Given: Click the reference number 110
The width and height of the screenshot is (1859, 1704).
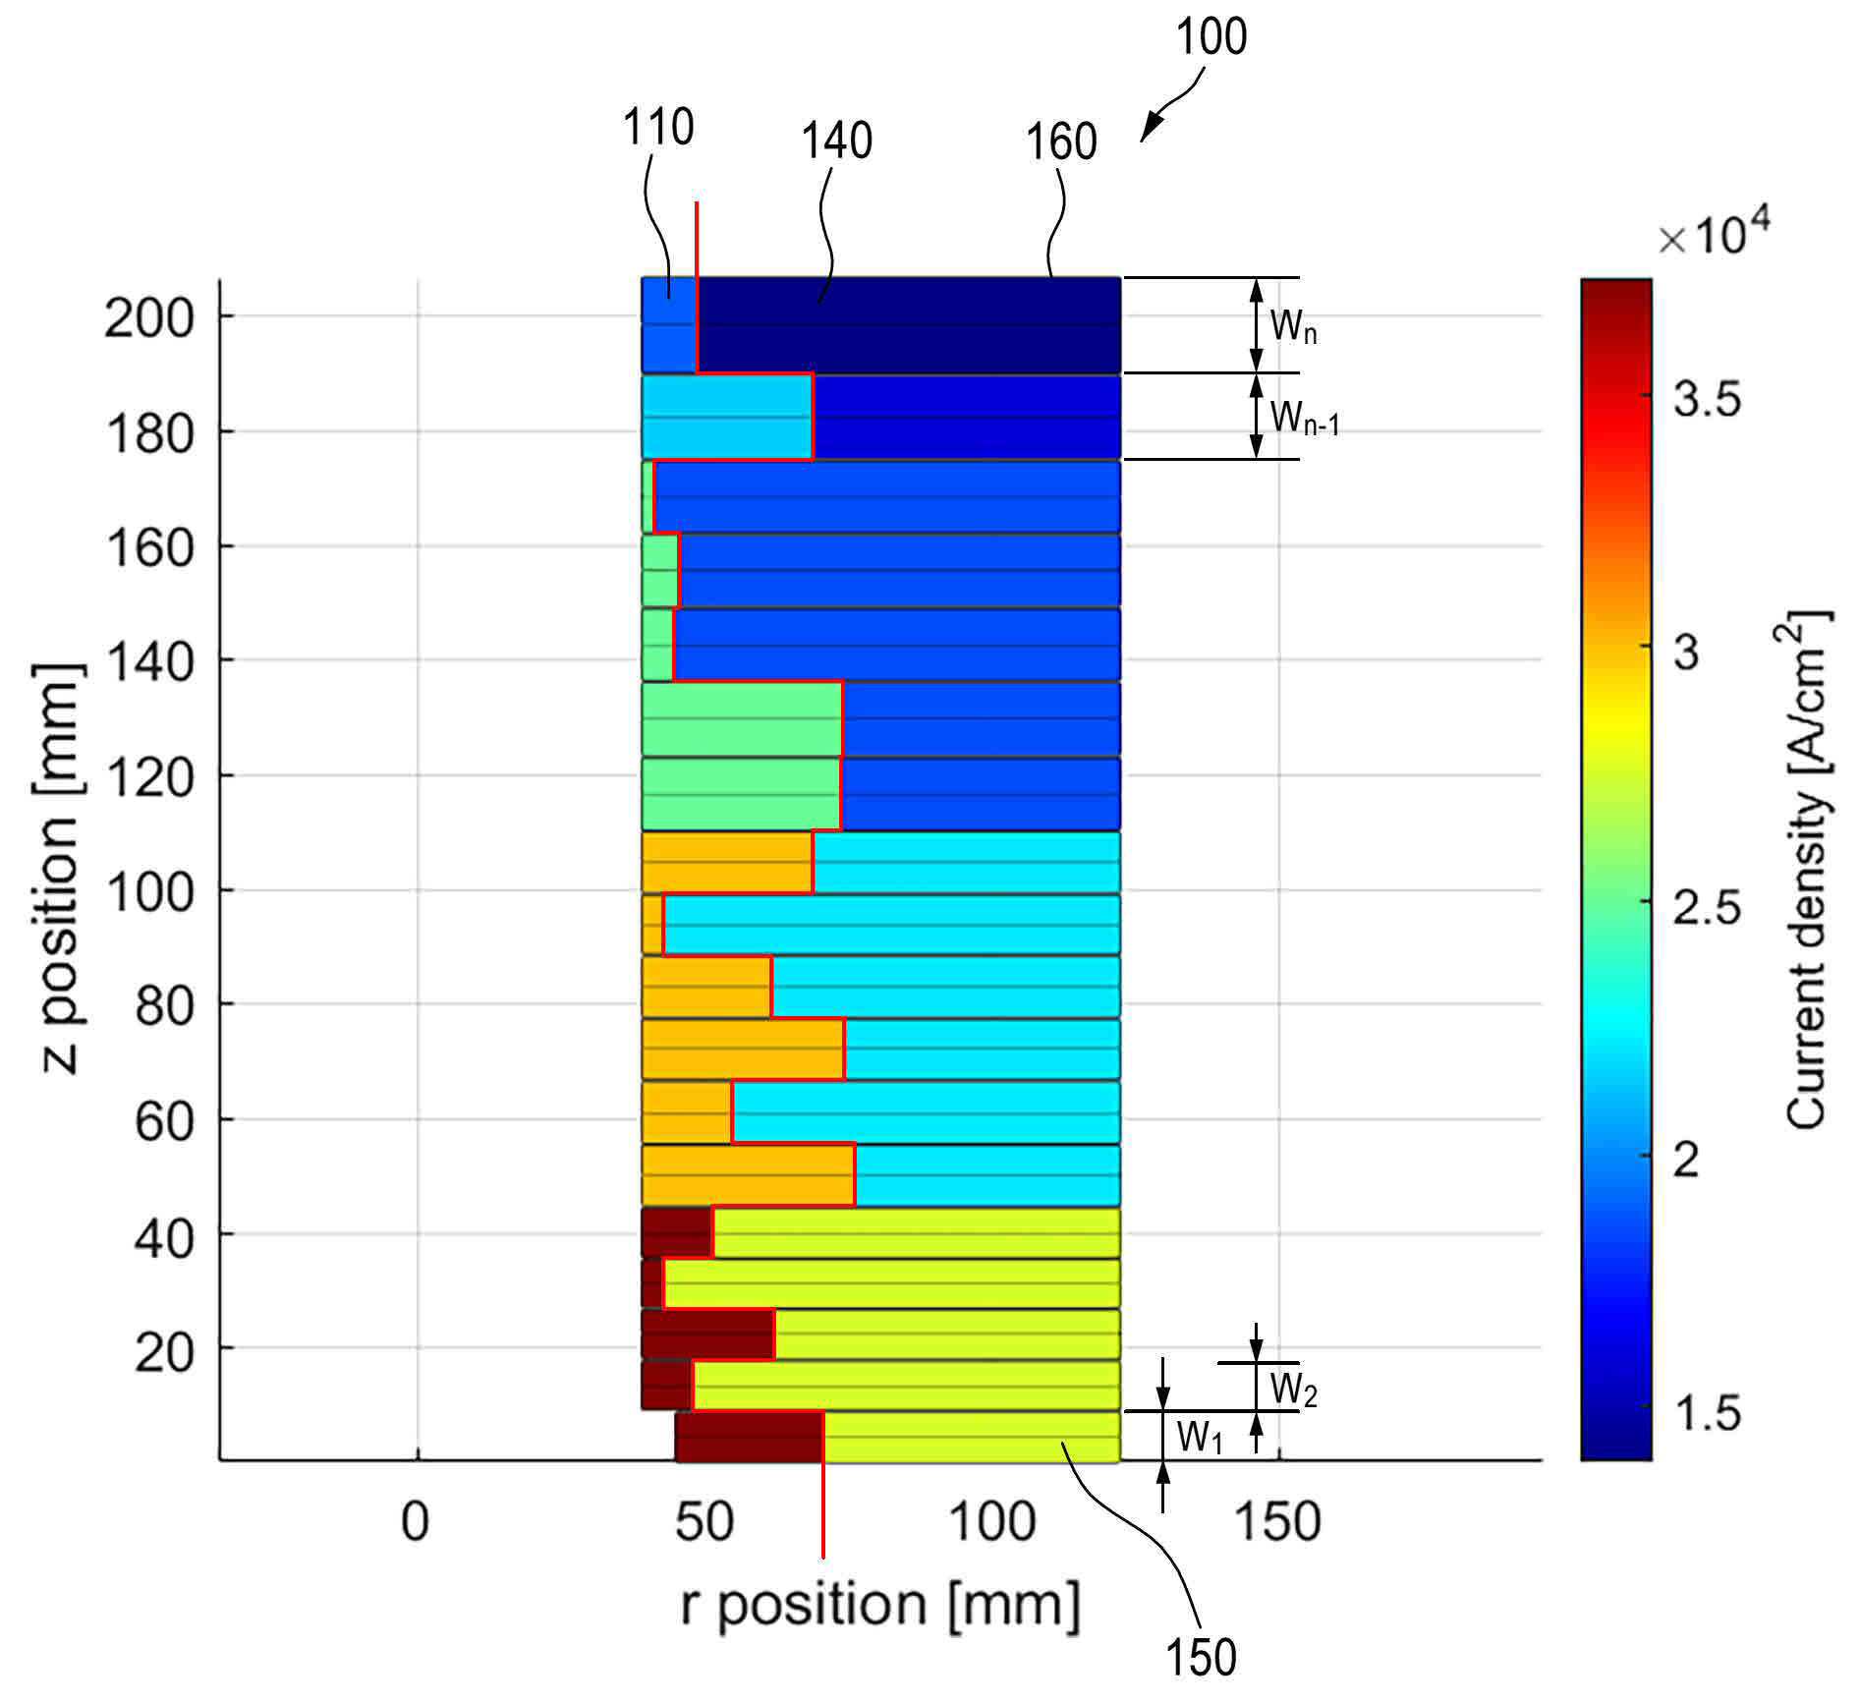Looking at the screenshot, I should coord(658,128).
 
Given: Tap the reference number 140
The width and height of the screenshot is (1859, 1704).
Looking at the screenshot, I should coord(836,141).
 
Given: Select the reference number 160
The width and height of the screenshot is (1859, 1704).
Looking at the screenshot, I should coord(1061,142).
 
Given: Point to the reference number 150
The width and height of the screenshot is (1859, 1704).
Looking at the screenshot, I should coord(1201,1657).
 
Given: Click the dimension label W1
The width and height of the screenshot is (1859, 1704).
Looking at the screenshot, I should coord(1199,1438).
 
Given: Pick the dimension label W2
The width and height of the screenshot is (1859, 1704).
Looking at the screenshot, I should coord(1293,1390).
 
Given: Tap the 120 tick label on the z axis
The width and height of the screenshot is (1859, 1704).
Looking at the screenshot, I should coord(148,777).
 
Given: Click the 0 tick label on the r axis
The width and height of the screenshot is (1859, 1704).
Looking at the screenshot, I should coord(416,1522).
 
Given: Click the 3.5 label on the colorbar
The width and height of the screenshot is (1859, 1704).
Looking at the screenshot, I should coord(1708,400).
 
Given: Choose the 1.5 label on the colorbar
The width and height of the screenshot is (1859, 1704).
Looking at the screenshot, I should coord(1708,1413).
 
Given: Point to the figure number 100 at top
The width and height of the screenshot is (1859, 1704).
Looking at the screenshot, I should coord(1211,37).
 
